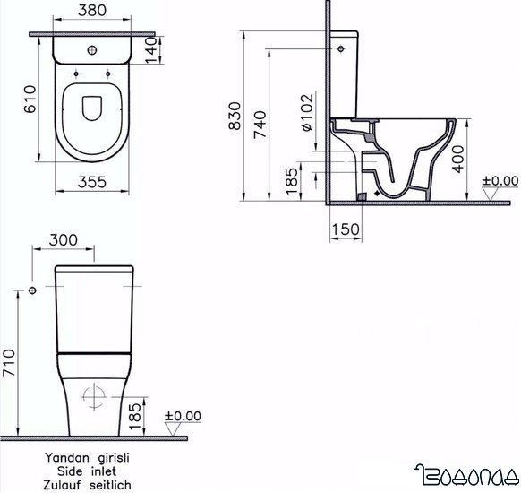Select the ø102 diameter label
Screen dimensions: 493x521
305,112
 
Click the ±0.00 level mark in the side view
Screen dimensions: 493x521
500,182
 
